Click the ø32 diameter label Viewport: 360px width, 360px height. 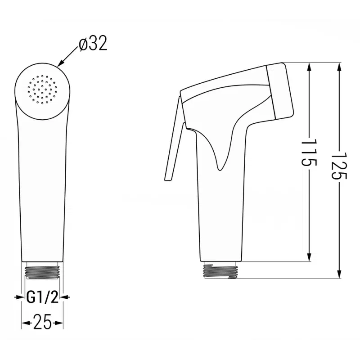click(x=93, y=45)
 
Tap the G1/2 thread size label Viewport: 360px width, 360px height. click(x=42, y=297)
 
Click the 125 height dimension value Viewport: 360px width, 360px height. click(x=339, y=166)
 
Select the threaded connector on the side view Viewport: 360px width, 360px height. click(x=220, y=270)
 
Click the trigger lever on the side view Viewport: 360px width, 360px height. click(x=174, y=144)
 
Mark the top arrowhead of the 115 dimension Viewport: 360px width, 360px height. click(x=309, y=67)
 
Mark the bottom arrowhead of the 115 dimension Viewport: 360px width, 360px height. click(x=309, y=257)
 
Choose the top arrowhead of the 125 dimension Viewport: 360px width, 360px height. click(x=339, y=67)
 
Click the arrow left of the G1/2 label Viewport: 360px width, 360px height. click(x=19, y=297)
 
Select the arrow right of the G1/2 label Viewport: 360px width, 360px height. click(x=65, y=297)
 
